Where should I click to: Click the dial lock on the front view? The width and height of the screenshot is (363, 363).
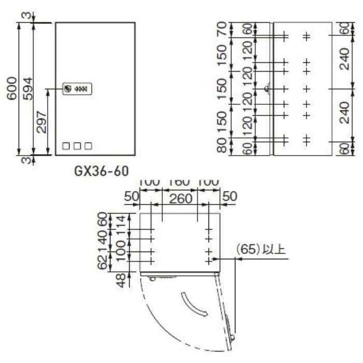point(68,89)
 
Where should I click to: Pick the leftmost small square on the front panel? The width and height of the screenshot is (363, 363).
point(66,146)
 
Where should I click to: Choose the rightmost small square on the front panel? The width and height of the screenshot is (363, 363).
point(88,146)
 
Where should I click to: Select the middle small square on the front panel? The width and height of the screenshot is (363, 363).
point(77,146)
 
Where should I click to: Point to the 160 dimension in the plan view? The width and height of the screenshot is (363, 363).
point(179,183)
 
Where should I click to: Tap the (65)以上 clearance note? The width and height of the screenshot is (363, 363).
point(260,250)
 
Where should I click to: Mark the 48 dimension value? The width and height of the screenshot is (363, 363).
point(119,280)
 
